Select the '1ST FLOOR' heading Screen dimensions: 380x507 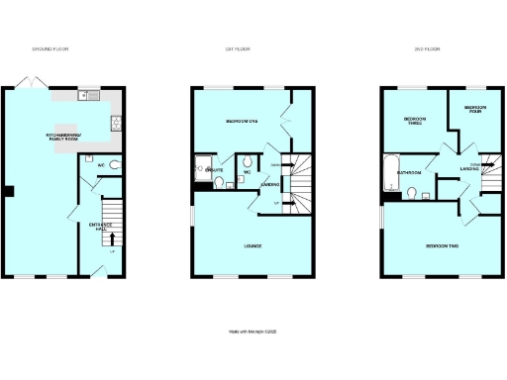click(x=248, y=48)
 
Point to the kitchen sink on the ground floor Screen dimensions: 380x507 click(x=92, y=96)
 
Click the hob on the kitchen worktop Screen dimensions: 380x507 click(x=116, y=123)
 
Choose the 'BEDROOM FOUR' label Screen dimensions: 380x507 click(x=475, y=108)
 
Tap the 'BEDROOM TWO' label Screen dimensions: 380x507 click(x=439, y=243)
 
